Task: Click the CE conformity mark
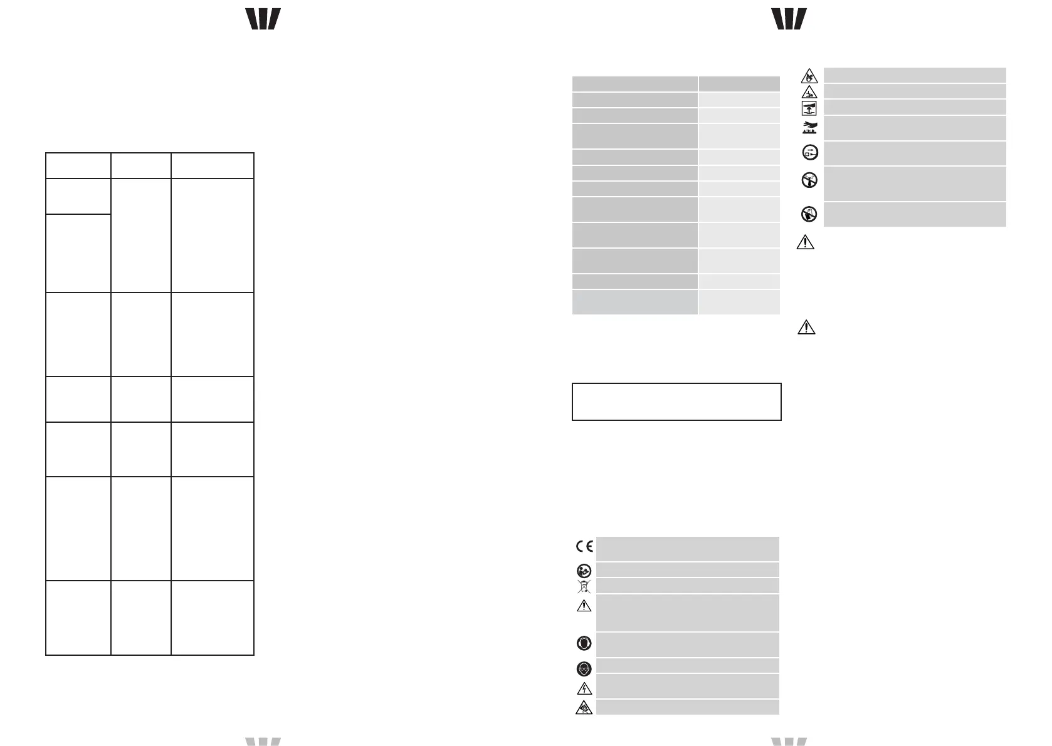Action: [x=584, y=546]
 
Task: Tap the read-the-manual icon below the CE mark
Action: [x=584, y=571]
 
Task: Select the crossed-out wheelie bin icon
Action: [x=584, y=586]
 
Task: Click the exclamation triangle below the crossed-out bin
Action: [x=584, y=606]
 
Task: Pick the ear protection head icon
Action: [x=584, y=645]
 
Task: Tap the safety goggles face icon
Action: [x=584, y=669]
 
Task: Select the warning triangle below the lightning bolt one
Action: [x=584, y=708]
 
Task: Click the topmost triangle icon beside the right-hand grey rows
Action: [x=809, y=76]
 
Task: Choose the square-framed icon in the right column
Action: [x=809, y=108]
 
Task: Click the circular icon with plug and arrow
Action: [x=809, y=152]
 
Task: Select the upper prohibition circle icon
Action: [x=809, y=181]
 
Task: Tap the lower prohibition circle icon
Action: [x=809, y=215]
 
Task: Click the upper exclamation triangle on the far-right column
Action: [x=806, y=242]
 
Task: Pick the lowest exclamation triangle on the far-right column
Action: [x=806, y=327]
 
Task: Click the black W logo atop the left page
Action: [x=263, y=19]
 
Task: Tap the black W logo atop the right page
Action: [x=789, y=19]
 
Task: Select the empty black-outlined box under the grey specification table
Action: [x=676, y=401]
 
